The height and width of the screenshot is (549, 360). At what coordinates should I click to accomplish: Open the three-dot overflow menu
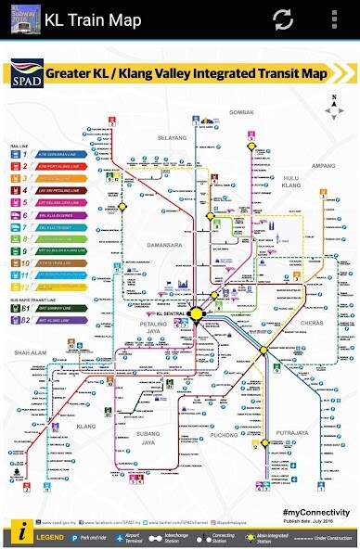pyautogui.click(x=335, y=18)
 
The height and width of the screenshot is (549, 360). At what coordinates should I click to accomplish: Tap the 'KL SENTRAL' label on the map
pyautogui.click(x=171, y=315)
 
